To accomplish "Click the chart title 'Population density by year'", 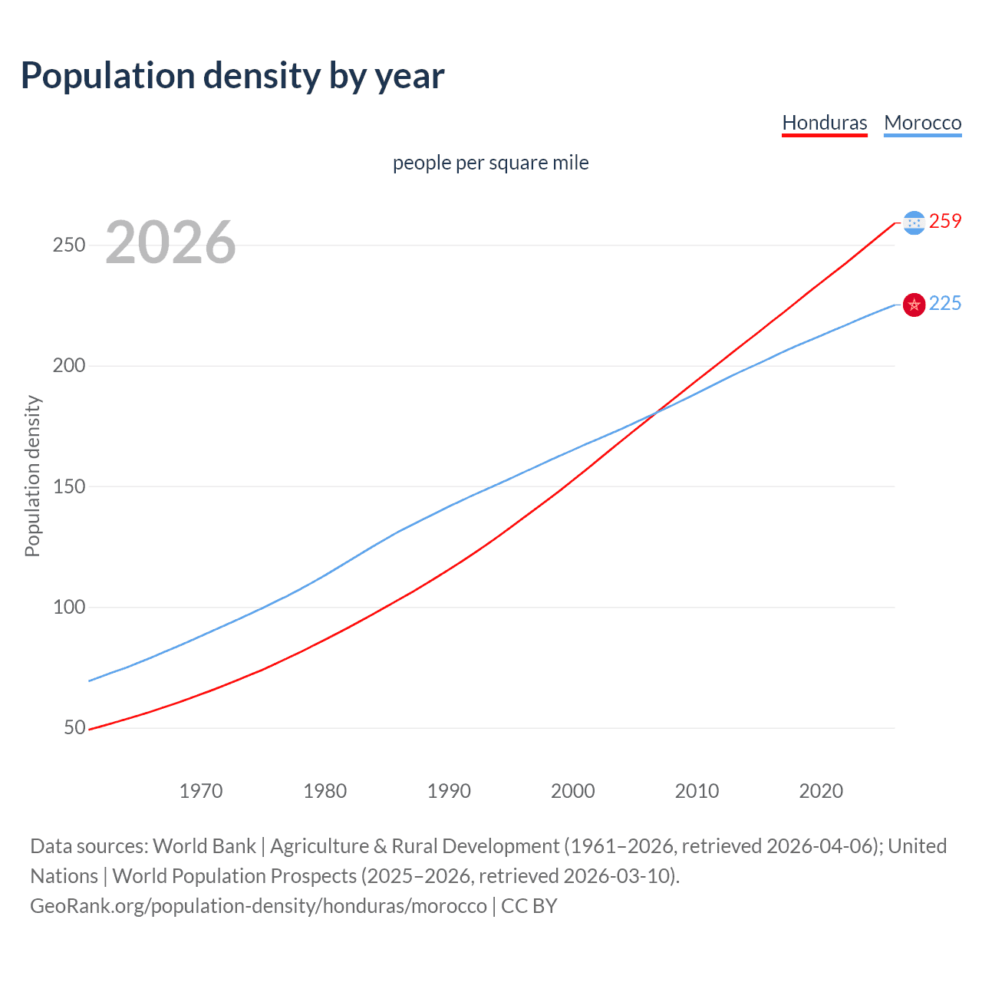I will click(x=232, y=76).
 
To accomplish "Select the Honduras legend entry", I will click(x=824, y=123).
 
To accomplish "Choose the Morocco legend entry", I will click(x=922, y=123).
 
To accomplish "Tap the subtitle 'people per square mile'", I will click(x=490, y=163).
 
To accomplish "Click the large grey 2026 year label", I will click(x=170, y=242).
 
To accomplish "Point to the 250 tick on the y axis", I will click(x=68, y=245).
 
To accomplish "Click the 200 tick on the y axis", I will click(x=68, y=365).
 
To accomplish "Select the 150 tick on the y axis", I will click(x=68, y=486).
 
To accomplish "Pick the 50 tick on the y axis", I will click(x=74, y=727).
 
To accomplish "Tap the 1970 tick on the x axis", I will click(x=201, y=791).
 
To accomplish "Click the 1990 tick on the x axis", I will click(x=449, y=791).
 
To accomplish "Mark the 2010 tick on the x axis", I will click(x=697, y=791).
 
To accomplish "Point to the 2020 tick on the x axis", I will click(x=821, y=791).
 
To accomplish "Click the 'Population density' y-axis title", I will click(x=32, y=476).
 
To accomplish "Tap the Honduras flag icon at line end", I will click(x=914, y=222).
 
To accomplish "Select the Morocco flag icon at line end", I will click(x=914, y=305).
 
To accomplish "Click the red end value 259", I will click(x=945, y=221).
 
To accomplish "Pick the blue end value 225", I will click(x=945, y=303).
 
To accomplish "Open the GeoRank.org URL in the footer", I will click(x=259, y=906).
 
